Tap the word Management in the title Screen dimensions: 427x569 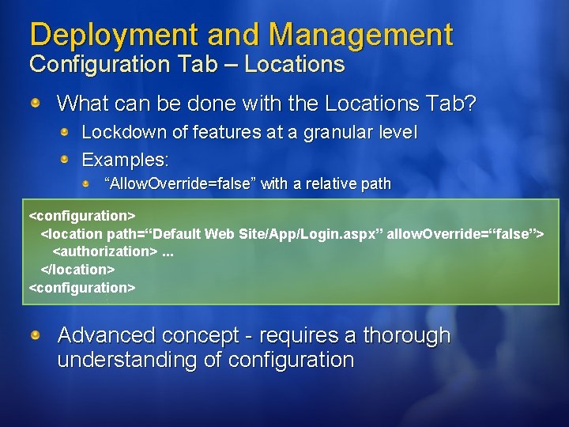(x=360, y=35)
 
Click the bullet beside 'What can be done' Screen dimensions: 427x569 (x=37, y=104)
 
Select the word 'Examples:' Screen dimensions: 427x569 (x=126, y=160)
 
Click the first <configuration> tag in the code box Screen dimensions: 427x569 (x=82, y=215)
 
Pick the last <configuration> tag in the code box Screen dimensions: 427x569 (x=82, y=288)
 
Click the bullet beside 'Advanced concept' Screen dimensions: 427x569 (x=37, y=336)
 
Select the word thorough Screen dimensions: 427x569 (x=406, y=336)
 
